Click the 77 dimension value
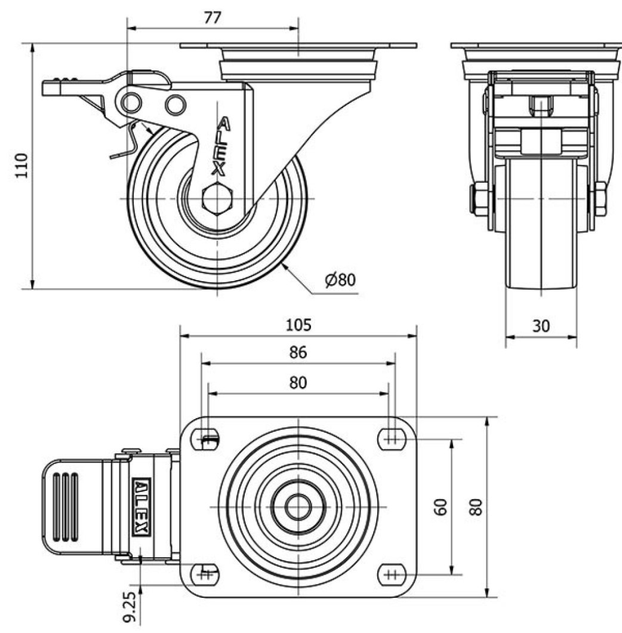212,17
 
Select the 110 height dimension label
21,165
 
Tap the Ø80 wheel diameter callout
340,279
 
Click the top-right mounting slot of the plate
391,439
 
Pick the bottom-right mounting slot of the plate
391,574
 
